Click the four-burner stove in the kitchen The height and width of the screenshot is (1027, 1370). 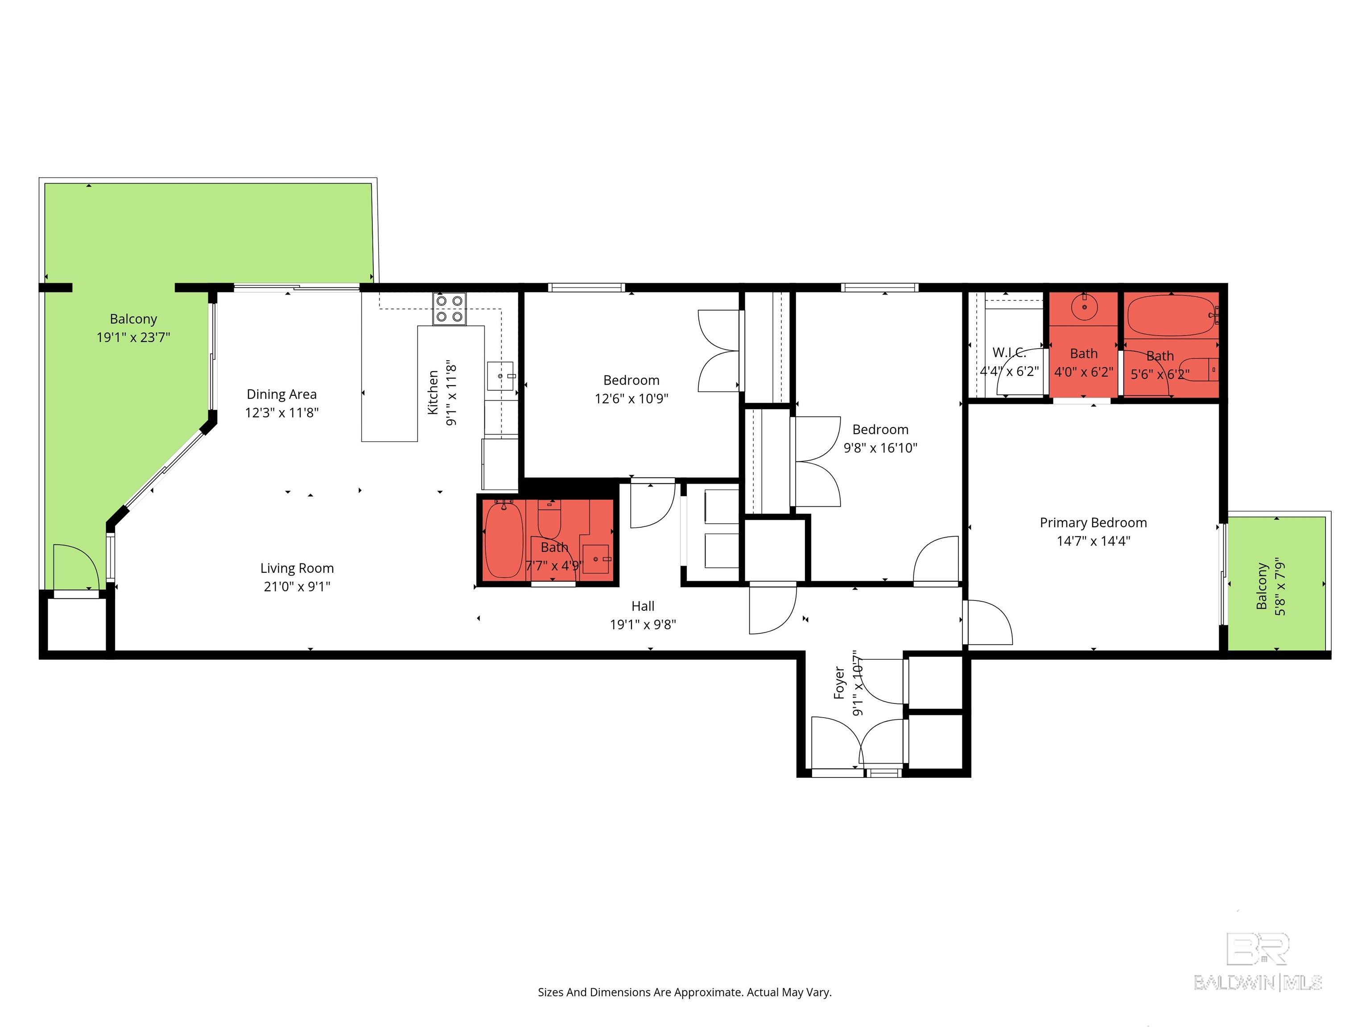[450, 309]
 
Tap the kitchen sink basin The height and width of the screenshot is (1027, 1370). [500, 376]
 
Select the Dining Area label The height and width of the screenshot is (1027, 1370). [282, 394]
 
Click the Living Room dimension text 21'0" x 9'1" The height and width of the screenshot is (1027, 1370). [297, 586]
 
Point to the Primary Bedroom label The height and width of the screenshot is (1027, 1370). [1093, 522]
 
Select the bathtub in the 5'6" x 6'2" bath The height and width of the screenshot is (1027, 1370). [1171, 316]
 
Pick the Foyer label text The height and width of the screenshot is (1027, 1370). [839, 683]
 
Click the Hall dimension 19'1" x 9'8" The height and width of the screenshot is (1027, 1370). [643, 624]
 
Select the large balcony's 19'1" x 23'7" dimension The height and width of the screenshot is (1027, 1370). [133, 337]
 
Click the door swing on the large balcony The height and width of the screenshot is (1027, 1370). [75, 567]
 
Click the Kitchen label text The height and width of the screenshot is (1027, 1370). [433, 392]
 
